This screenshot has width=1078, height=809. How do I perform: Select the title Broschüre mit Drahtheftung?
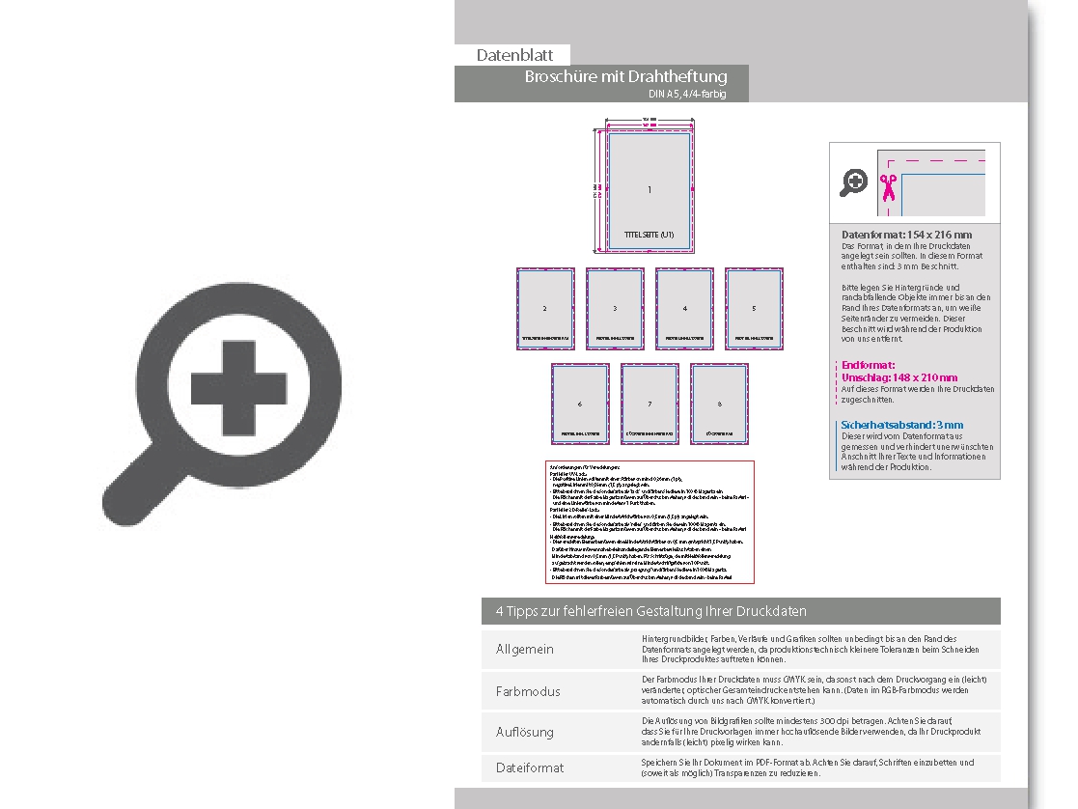(x=625, y=76)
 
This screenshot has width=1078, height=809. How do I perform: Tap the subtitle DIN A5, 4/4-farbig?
(x=686, y=95)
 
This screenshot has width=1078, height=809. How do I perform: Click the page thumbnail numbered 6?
(x=580, y=404)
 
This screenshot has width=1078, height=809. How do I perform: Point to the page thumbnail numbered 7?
(x=650, y=404)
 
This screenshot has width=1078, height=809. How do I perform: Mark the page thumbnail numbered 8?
(x=719, y=404)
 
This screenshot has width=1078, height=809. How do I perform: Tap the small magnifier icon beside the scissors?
(x=853, y=181)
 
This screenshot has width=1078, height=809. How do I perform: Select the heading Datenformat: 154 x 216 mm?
(x=906, y=235)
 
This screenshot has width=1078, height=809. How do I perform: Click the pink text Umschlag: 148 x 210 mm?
(x=899, y=377)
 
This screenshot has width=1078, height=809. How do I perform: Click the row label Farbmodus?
(x=527, y=691)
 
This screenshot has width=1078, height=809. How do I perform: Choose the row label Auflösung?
(x=524, y=732)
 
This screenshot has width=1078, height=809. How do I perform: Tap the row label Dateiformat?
(x=529, y=767)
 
